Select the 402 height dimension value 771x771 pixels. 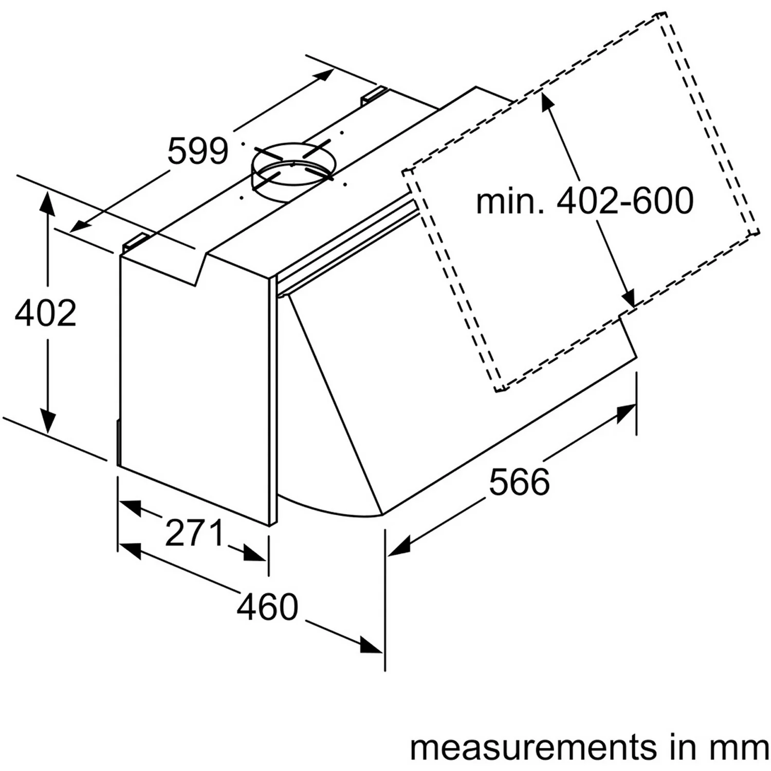tap(46, 313)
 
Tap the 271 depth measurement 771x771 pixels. tap(195, 533)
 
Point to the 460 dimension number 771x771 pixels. tap(267, 606)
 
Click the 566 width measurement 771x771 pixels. tap(519, 482)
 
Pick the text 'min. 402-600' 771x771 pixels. tap(585, 201)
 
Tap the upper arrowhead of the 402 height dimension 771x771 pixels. tap(47, 201)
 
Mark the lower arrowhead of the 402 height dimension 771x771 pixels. tap(47, 421)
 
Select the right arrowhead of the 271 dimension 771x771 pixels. tap(255, 554)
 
